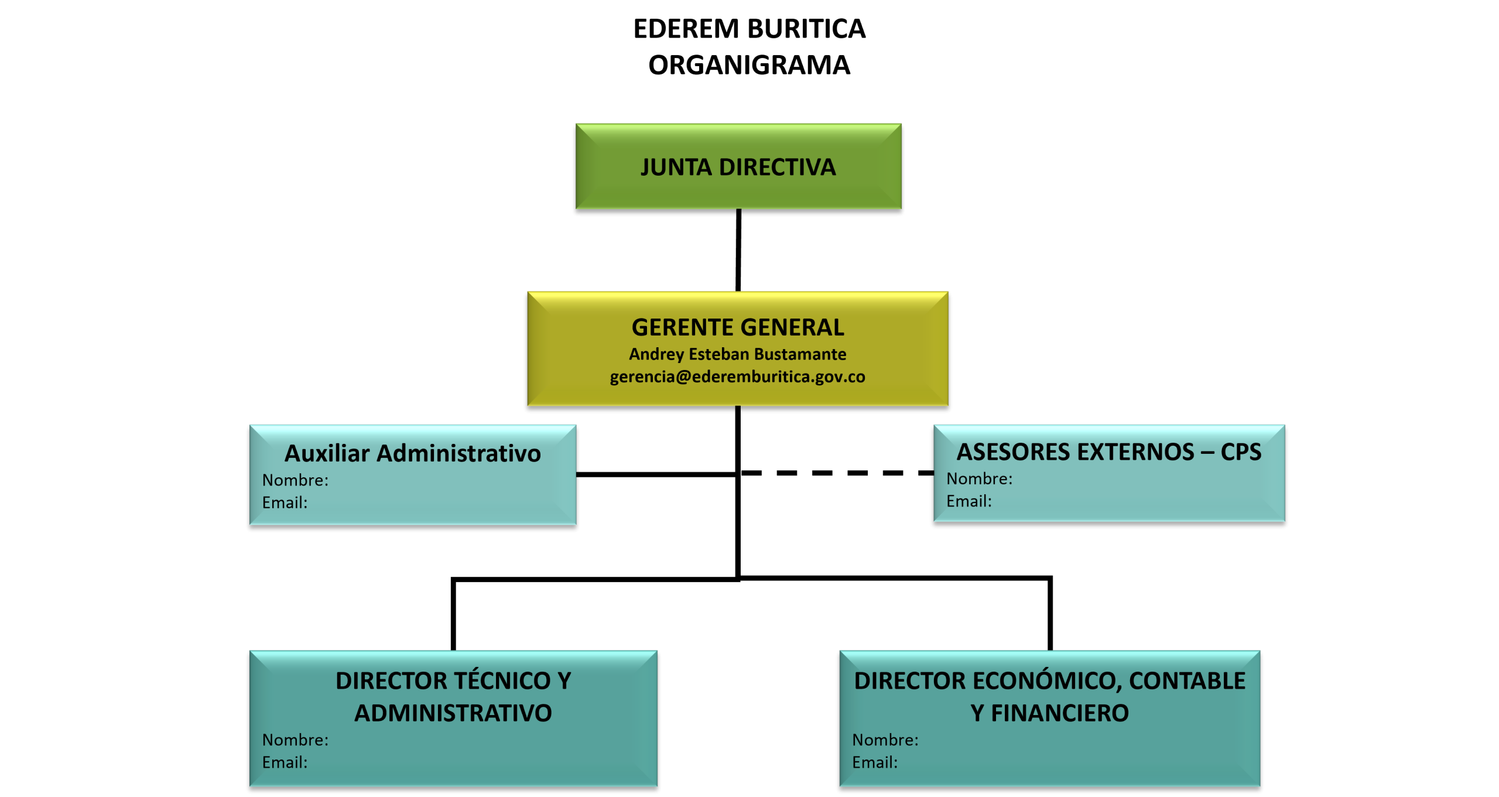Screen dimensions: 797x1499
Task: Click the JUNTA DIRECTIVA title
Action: pyautogui.click(x=738, y=167)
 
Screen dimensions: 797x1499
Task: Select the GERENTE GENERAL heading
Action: pyautogui.click(x=738, y=327)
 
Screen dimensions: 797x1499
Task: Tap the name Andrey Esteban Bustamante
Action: pyautogui.click(x=738, y=354)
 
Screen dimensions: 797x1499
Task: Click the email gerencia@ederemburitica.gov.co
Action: pyautogui.click(x=738, y=377)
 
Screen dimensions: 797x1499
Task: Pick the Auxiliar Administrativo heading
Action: pyautogui.click(x=412, y=453)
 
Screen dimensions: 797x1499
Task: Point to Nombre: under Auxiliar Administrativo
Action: pyautogui.click(x=295, y=480)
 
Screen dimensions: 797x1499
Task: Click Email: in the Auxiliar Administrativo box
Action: pyautogui.click(x=285, y=502)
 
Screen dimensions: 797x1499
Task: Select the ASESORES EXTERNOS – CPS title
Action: pyautogui.click(x=1108, y=452)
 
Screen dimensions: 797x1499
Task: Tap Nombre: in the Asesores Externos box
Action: pyautogui.click(x=979, y=479)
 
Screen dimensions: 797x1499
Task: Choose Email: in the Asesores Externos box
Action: pyautogui.click(x=969, y=501)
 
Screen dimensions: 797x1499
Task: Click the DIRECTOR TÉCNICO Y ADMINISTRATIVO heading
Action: pyautogui.click(x=453, y=696)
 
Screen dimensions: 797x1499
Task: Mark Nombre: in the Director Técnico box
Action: pyautogui.click(x=295, y=740)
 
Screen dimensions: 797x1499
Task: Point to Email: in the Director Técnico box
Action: pyautogui.click(x=285, y=762)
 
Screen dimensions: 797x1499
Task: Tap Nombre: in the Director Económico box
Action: pyautogui.click(x=885, y=740)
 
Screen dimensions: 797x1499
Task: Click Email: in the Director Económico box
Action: pyautogui.click(x=875, y=762)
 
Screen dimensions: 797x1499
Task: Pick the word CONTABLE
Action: pyautogui.click(x=1187, y=681)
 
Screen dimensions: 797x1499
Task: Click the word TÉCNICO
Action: pyautogui.click(x=502, y=680)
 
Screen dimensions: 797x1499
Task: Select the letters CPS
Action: pyautogui.click(x=1241, y=452)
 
